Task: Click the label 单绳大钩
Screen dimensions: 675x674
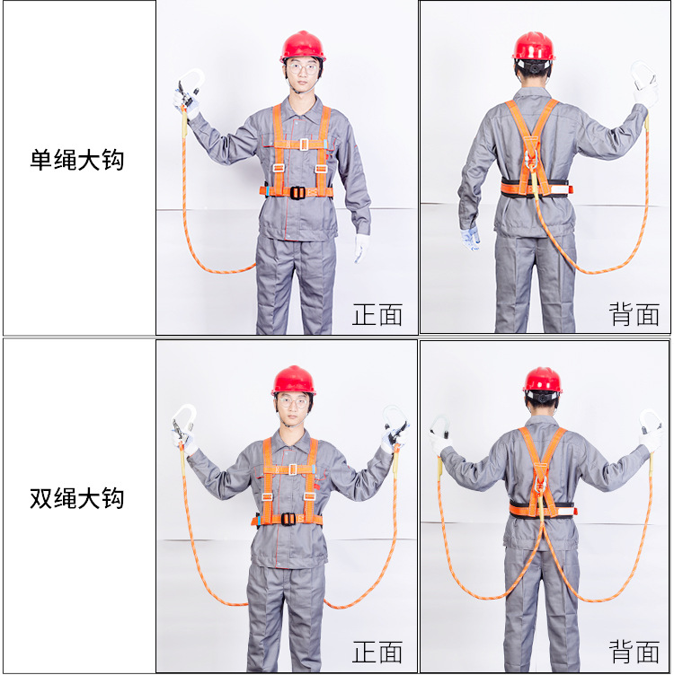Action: coord(76,162)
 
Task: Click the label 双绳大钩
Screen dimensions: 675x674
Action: coord(76,499)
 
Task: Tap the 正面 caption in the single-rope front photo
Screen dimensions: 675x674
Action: coord(377,315)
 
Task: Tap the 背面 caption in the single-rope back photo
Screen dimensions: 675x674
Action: coord(634,314)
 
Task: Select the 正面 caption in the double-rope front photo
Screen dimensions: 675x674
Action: coord(377,652)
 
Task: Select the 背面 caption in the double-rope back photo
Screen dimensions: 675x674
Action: coord(634,652)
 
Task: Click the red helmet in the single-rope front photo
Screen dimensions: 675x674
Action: coord(302,46)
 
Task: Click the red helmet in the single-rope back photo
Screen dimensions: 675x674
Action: coord(533,47)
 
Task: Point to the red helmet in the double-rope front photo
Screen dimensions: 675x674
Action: coord(293,381)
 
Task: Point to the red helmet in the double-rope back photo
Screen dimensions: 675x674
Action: coord(542,380)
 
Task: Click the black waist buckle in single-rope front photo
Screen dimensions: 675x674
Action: coord(297,192)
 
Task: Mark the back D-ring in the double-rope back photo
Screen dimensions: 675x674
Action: coord(541,490)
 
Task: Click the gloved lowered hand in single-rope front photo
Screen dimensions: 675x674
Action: coord(361,248)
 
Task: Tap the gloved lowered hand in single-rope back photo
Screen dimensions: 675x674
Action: coord(470,238)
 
